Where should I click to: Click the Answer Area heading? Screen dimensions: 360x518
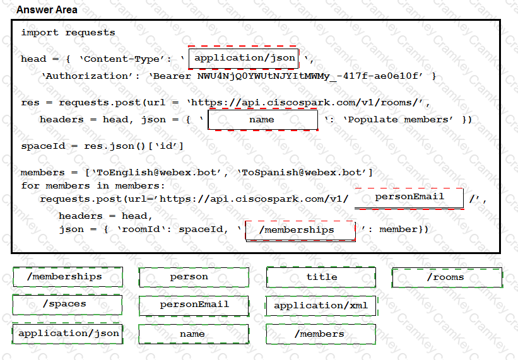point(47,10)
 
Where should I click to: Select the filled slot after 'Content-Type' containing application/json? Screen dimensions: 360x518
point(244,58)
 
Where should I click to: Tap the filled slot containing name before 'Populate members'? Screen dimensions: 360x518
point(262,119)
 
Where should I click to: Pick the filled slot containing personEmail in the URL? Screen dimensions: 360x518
point(409,197)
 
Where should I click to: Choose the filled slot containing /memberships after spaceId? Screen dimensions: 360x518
point(300,230)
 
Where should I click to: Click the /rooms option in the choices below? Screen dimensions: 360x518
point(447,277)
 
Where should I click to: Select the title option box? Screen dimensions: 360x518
point(321,277)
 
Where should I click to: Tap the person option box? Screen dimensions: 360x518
point(189,277)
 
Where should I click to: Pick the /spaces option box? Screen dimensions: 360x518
point(67,304)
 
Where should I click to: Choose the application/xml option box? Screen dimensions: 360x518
point(321,305)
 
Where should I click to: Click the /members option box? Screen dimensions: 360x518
point(321,334)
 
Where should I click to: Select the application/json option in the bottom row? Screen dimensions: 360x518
point(67,333)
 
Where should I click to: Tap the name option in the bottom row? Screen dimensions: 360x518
point(192,334)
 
